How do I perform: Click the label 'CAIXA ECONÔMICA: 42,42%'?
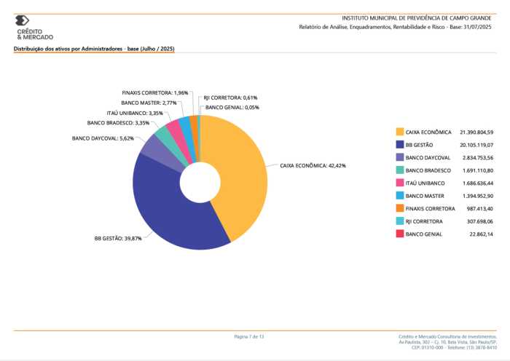click(313, 166)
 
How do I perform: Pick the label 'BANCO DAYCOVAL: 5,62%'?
click(103, 138)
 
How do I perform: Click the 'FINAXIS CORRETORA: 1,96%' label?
click(155, 93)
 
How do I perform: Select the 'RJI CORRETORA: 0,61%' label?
click(230, 98)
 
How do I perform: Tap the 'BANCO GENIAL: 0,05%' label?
click(232, 108)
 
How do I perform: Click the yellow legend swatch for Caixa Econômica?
click(400, 132)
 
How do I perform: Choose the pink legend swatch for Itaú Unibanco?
click(400, 183)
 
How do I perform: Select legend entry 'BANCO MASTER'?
click(425, 196)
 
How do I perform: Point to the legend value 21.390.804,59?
click(476, 132)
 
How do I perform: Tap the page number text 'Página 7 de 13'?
click(249, 336)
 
